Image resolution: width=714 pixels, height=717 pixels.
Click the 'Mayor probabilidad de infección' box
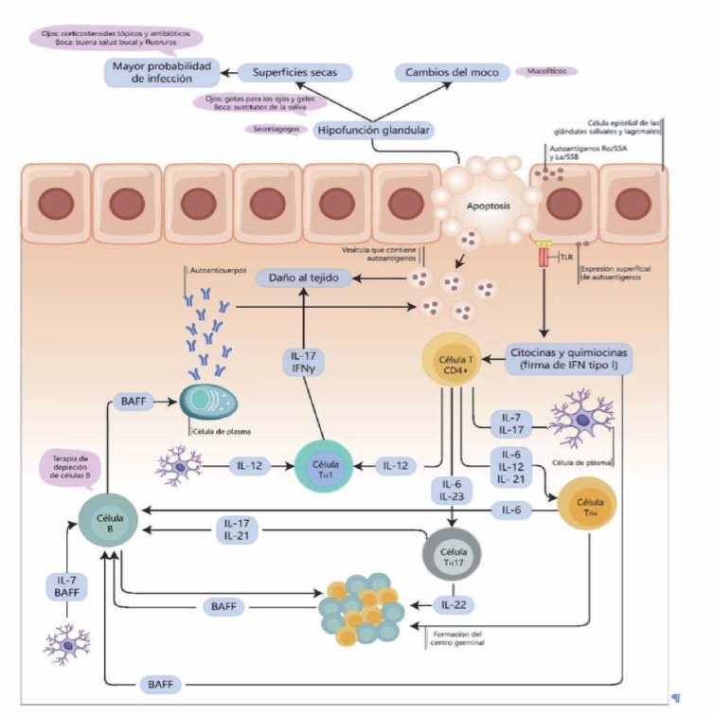(x=160, y=74)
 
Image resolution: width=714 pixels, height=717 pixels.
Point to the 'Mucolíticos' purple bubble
(x=546, y=71)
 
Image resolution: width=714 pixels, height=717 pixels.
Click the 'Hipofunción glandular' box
(x=374, y=130)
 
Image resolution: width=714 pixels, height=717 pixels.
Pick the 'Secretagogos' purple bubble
(x=276, y=128)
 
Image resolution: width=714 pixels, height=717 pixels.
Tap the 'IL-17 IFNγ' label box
(x=304, y=364)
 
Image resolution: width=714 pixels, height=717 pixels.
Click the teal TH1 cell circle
(x=324, y=466)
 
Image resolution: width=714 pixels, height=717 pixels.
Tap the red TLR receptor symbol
(x=544, y=257)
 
